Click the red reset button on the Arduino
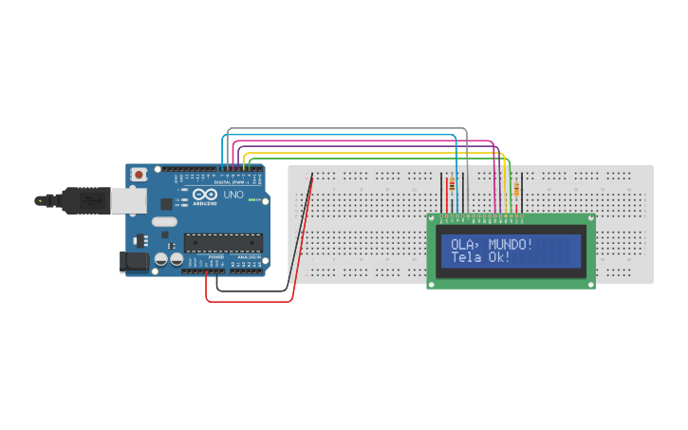pos(139,174)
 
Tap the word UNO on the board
pos(233,195)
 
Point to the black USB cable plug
pos(86,200)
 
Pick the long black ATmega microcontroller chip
pos(222,243)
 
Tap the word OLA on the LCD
pos(461,244)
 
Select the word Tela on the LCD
pos(465,257)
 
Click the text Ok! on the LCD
pos(500,257)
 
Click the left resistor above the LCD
pos(451,192)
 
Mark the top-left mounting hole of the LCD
pos(433,220)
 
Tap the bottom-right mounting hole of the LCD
pos(589,283)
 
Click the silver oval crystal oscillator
pos(163,222)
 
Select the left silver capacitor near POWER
pos(160,258)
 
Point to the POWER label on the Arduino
pos(216,257)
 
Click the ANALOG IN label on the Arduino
pos(249,257)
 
